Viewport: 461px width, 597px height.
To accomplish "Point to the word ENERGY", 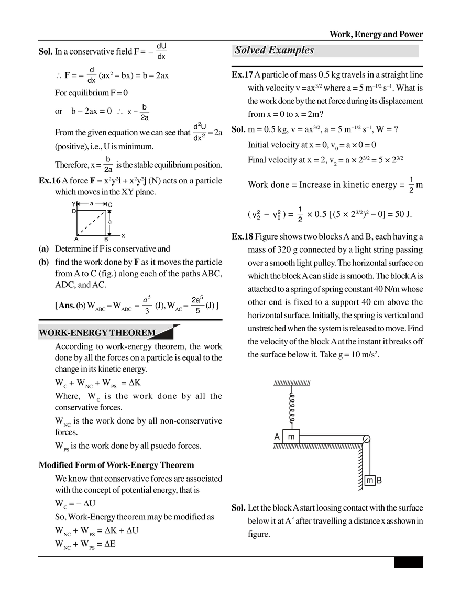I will click(x=90, y=333).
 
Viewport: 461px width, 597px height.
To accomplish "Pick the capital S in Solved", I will click(x=238, y=50).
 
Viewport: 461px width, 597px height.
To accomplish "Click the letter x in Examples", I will click(x=279, y=51).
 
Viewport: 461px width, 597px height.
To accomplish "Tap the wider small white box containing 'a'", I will click(x=92, y=205).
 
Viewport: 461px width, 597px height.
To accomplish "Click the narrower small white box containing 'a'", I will click(x=109, y=222).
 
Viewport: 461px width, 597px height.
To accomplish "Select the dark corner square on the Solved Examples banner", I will click(x=421, y=45).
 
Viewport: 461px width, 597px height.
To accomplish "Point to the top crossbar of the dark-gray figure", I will click(x=293, y=383).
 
